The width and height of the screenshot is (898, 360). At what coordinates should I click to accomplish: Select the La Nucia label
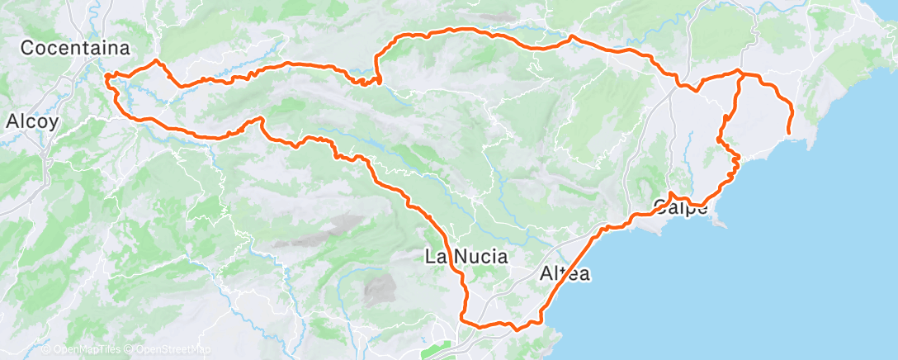coord(466,256)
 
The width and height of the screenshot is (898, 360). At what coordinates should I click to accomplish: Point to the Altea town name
coord(565,273)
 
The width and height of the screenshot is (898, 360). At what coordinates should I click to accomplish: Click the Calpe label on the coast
coord(681,207)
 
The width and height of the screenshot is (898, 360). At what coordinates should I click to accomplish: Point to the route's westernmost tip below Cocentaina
coord(106,78)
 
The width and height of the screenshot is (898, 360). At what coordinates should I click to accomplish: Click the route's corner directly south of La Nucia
coord(462,320)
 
